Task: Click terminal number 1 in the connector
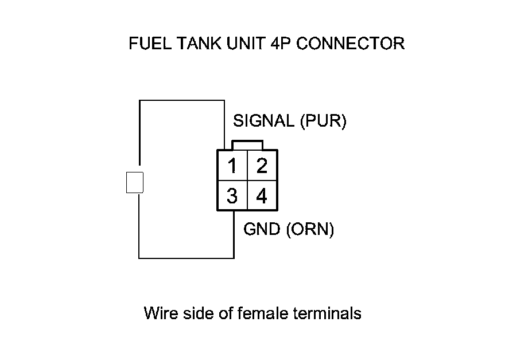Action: coord(232,166)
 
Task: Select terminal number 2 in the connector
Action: coord(262,166)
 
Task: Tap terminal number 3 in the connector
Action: coord(232,197)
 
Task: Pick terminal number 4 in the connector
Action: coord(262,197)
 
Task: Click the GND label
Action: coord(262,230)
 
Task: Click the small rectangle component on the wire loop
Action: coord(134,183)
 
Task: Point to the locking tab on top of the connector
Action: coord(247,144)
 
